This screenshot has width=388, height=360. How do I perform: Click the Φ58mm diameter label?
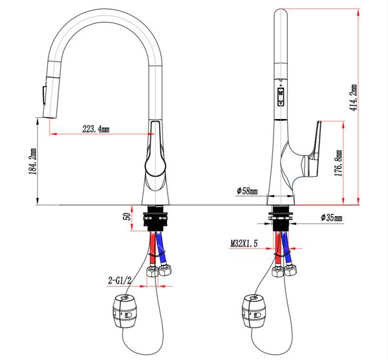(247, 191)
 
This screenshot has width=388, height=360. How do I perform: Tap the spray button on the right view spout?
(281, 99)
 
